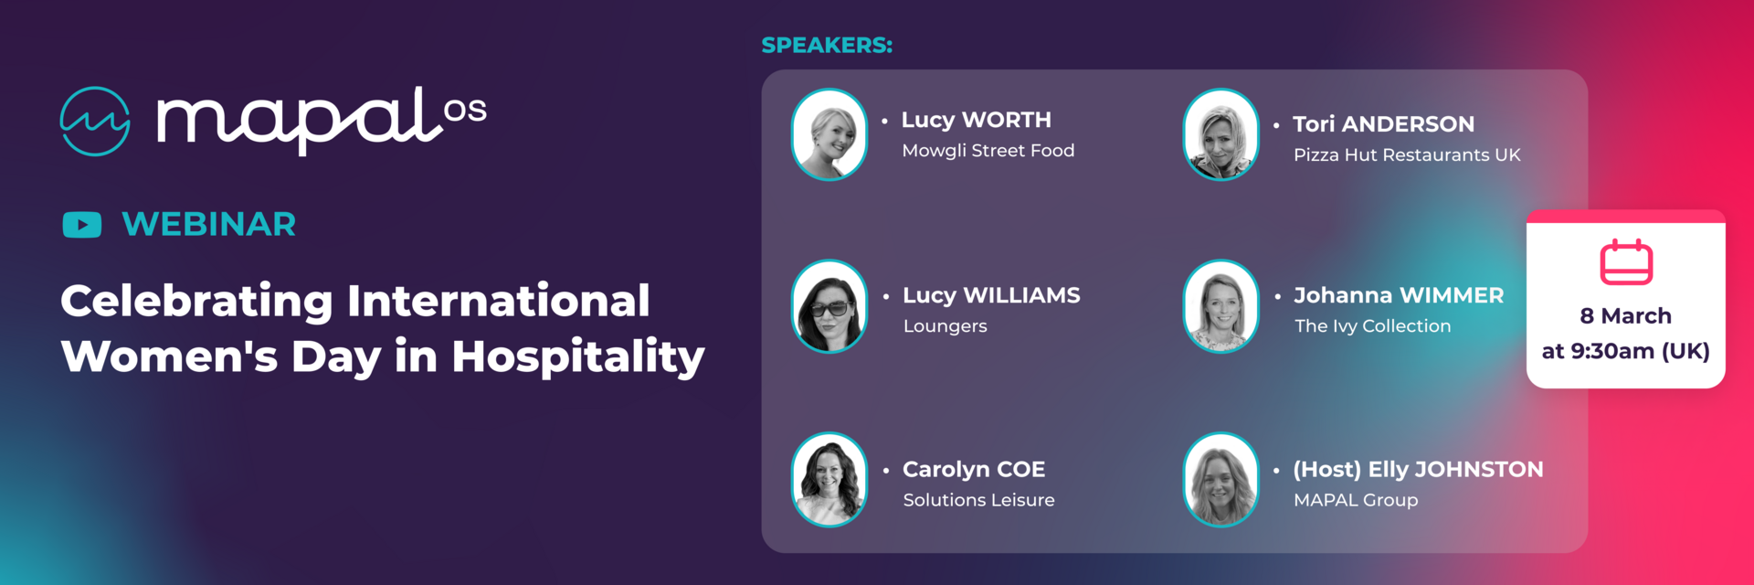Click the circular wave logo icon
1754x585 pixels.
pyautogui.click(x=95, y=122)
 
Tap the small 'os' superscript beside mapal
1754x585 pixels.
pyautogui.click(x=465, y=112)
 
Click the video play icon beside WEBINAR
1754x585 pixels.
pyautogui.click(x=82, y=224)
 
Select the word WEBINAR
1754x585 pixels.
pyautogui.click(x=209, y=224)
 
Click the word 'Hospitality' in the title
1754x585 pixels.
pyautogui.click(x=578, y=357)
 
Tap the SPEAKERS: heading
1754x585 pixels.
pyautogui.click(x=827, y=45)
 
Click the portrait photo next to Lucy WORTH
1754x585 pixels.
pyautogui.click(x=829, y=134)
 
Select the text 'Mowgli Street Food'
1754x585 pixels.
pyautogui.click(x=988, y=151)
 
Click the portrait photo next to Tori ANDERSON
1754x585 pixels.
pyautogui.click(x=1220, y=134)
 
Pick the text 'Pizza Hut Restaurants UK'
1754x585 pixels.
pyautogui.click(x=1407, y=155)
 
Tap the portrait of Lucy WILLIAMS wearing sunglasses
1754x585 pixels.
pyautogui.click(x=829, y=306)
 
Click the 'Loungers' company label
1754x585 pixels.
pyautogui.click(x=946, y=326)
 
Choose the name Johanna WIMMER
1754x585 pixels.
pyautogui.click(x=1399, y=295)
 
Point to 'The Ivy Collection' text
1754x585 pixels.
pyautogui.click(x=1372, y=326)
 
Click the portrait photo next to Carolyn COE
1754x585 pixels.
pyautogui.click(x=829, y=480)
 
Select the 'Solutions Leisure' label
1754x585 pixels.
pyautogui.click(x=978, y=500)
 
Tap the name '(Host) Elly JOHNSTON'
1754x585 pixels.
pyautogui.click(x=1418, y=470)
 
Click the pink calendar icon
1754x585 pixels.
pyautogui.click(x=1626, y=262)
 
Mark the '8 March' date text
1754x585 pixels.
pyautogui.click(x=1626, y=316)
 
